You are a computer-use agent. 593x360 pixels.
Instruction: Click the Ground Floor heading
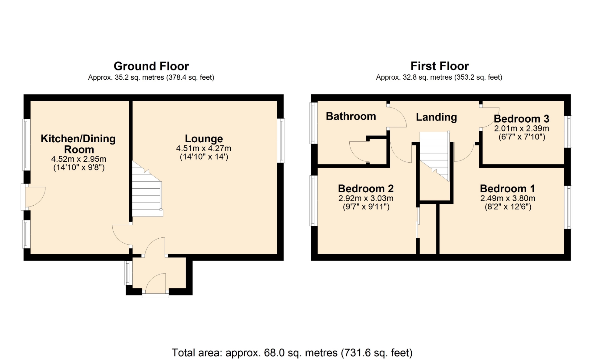pos(151,66)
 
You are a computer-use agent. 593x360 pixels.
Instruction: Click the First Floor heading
pos(439,66)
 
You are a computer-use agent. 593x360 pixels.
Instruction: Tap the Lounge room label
pos(204,139)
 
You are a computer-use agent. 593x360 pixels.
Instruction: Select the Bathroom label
pos(351,116)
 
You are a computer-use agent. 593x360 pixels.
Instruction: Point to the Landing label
pos(436,117)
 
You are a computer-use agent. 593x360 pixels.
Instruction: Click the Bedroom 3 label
pos(521,119)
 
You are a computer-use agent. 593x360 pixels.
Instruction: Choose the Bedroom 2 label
pos(366,188)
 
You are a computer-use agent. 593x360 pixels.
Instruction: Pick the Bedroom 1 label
pos(507,188)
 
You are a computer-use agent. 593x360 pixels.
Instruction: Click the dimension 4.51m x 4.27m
pos(204,148)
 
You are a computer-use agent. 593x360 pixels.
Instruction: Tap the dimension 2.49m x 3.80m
pos(508,198)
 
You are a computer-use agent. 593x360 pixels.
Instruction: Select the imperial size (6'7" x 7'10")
pos(522,137)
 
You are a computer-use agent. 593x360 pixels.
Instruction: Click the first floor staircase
pos(434,156)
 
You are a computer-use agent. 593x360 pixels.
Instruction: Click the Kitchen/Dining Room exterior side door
pos(33,197)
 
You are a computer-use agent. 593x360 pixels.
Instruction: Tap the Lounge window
pos(281,140)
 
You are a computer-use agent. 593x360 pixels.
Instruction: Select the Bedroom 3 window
pos(568,132)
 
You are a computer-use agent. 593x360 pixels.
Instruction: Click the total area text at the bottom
pos(292,353)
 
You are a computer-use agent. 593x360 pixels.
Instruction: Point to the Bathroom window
pos(313,123)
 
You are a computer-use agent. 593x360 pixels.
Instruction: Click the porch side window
pos(128,273)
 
